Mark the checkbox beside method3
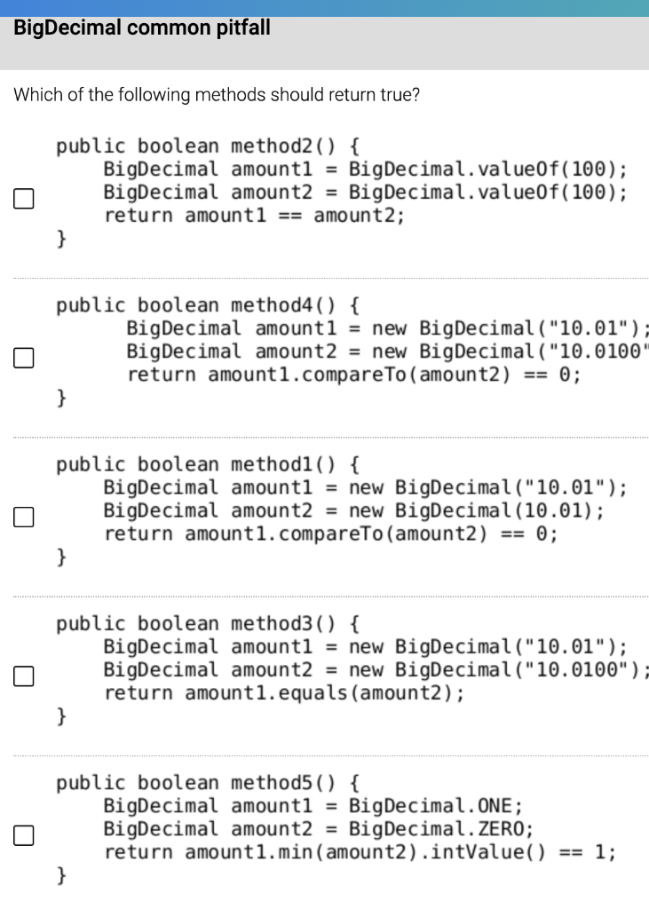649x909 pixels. tap(23, 676)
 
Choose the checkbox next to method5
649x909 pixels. tap(23, 835)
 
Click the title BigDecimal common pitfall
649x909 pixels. tap(142, 28)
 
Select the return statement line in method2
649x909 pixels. tap(254, 215)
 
